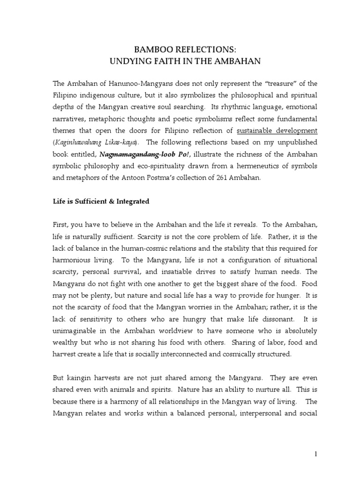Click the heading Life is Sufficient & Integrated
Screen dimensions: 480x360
point(101,202)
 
